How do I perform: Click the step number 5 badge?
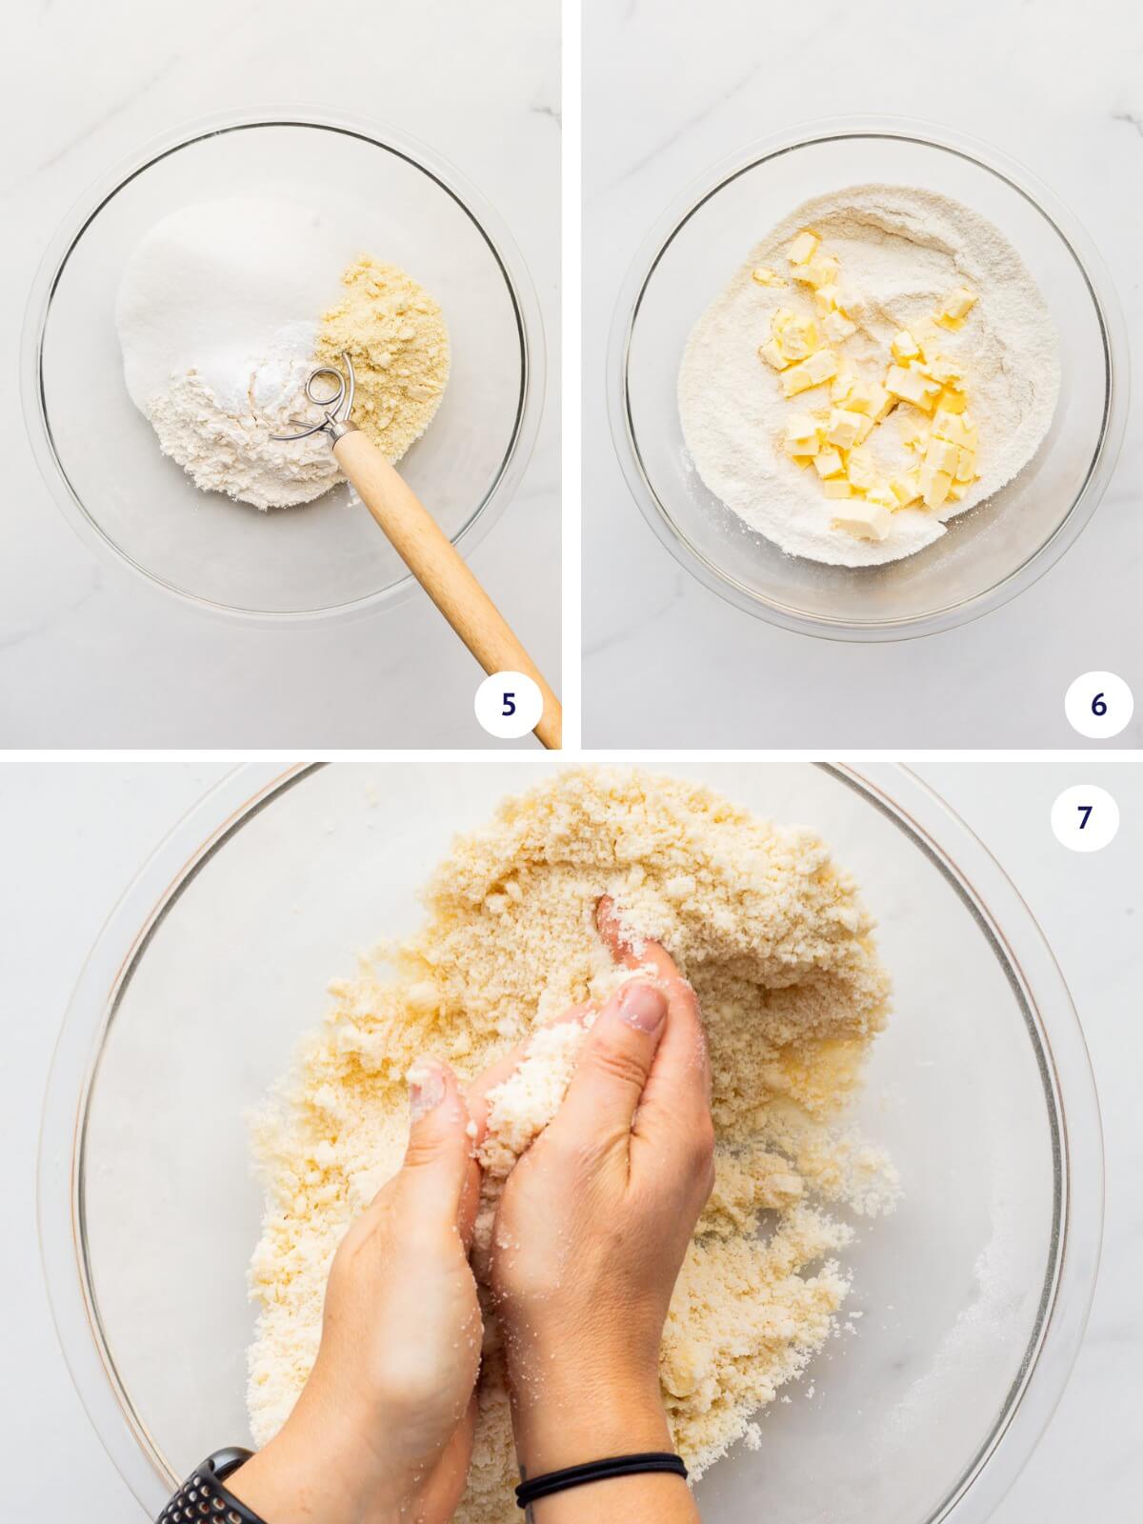508,706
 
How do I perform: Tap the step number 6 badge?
1099,706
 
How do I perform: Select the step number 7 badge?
1084,817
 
